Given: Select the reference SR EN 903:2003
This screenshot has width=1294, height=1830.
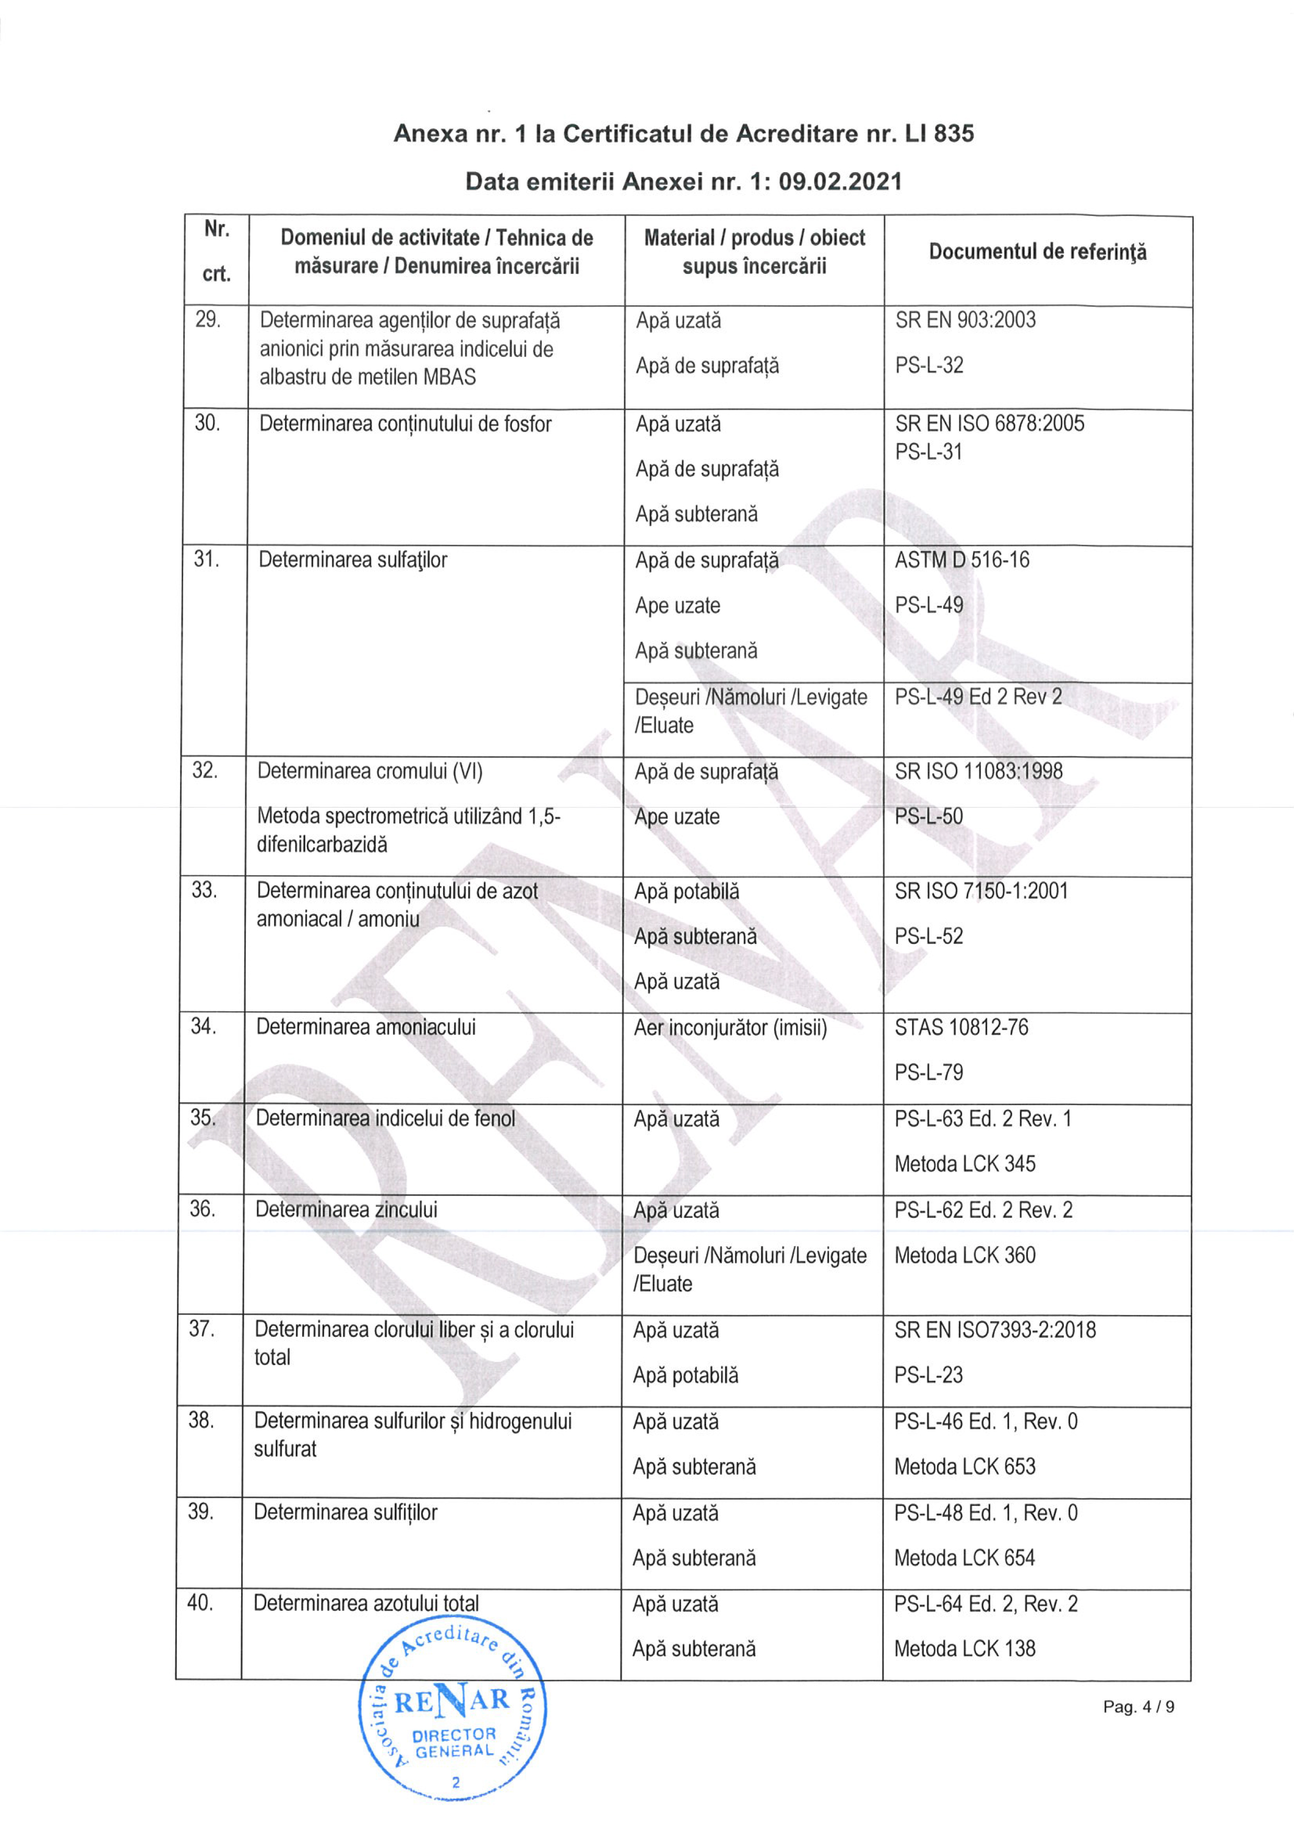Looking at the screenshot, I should pyautogui.click(x=965, y=320).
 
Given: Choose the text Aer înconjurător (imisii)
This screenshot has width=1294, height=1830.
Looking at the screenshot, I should pyautogui.click(x=730, y=1027).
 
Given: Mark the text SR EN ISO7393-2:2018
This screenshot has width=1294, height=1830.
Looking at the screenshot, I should pyautogui.click(x=994, y=1330).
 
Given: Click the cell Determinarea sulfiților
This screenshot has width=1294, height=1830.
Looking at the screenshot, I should pyautogui.click(x=345, y=1512).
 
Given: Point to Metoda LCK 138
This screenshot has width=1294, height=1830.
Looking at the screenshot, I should pyautogui.click(x=964, y=1648).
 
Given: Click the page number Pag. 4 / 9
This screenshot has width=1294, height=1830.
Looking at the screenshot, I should pyautogui.click(x=1138, y=1706).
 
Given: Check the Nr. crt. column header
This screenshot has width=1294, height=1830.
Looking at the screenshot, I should pyautogui.click(x=216, y=252).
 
